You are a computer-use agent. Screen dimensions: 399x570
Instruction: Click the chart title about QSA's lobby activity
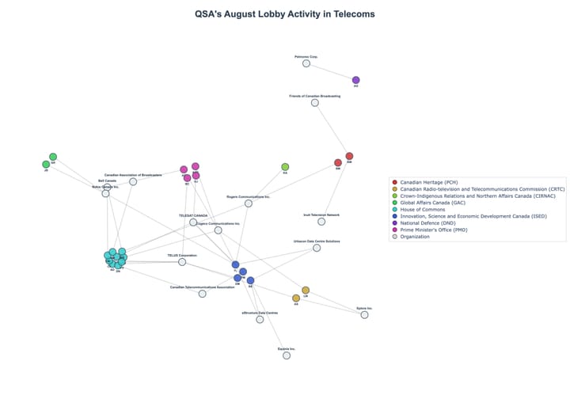pyautogui.click(x=284, y=14)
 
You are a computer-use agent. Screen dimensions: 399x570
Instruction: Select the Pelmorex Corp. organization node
pyautogui.click(x=306, y=63)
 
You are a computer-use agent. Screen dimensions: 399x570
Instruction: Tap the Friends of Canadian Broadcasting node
pyautogui.click(x=315, y=103)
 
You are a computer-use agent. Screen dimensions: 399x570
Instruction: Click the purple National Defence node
pyautogui.click(x=356, y=80)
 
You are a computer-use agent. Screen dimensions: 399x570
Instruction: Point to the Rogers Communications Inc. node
pyautogui.click(x=249, y=203)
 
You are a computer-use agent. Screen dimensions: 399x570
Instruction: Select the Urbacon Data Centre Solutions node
pyautogui.click(x=317, y=248)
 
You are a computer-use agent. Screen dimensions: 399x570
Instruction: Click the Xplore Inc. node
pyautogui.click(x=365, y=315)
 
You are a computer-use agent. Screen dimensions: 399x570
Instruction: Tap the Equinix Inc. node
pyautogui.click(x=287, y=355)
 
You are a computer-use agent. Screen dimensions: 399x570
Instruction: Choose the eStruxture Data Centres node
pyautogui.click(x=260, y=320)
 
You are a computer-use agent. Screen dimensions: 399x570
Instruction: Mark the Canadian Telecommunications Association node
pyautogui.click(x=203, y=294)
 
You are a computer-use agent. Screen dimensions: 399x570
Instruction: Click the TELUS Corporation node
pyautogui.click(x=182, y=262)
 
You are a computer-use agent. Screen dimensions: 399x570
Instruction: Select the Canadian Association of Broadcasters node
pyautogui.click(x=133, y=181)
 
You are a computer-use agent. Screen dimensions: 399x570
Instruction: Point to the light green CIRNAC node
pyautogui.click(x=285, y=167)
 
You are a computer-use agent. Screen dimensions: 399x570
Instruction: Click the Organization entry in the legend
pyautogui.click(x=419, y=237)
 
